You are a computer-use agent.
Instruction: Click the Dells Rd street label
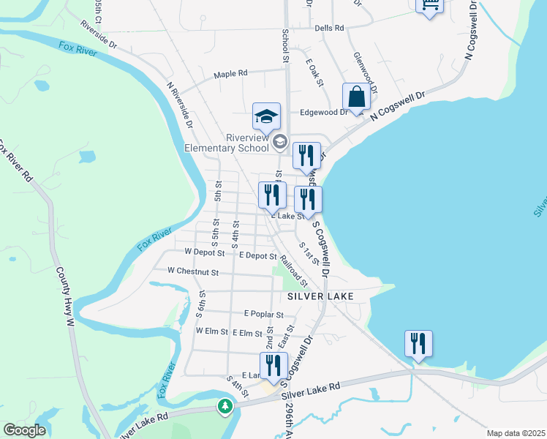tap(329, 28)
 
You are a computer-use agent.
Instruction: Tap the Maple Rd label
tap(231, 74)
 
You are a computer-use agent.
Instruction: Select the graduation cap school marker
tap(267, 116)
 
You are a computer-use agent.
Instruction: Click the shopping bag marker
tap(355, 97)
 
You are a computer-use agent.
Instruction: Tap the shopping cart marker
tap(429, 4)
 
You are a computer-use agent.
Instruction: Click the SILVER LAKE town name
tap(320, 296)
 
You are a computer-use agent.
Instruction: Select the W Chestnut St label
tap(193, 271)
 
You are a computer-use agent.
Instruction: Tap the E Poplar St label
tap(264, 314)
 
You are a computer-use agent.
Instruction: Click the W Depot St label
tap(204, 252)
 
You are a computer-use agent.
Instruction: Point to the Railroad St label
tap(294, 271)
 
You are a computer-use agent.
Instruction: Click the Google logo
tap(24, 430)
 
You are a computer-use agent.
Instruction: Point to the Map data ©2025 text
tap(516, 433)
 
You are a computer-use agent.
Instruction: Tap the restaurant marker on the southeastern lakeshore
tap(418, 343)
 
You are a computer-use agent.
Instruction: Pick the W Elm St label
tap(212, 331)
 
